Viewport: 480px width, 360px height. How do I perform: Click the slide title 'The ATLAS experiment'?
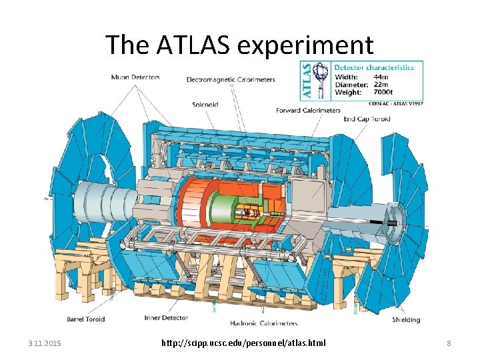(x=239, y=45)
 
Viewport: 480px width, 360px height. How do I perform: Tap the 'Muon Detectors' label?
(x=135, y=77)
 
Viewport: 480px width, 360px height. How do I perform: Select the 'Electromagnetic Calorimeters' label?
(x=231, y=80)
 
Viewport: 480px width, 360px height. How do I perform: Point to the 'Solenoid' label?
(x=205, y=104)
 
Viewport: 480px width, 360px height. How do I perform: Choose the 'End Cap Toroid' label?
(x=367, y=119)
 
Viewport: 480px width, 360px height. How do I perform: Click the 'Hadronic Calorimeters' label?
(x=265, y=323)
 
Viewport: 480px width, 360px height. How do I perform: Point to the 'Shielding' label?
(x=405, y=319)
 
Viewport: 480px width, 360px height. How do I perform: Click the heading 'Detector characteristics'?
(x=374, y=67)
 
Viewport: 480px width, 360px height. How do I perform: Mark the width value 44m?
(x=377, y=76)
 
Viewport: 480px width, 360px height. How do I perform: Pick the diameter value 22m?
(x=377, y=85)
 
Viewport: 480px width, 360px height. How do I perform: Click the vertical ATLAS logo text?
(x=307, y=81)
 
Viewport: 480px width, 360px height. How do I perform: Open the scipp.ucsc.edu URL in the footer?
(x=243, y=343)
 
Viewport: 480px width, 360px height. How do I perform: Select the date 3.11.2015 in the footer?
(x=45, y=343)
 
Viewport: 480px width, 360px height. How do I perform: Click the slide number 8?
(x=449, y=343)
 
